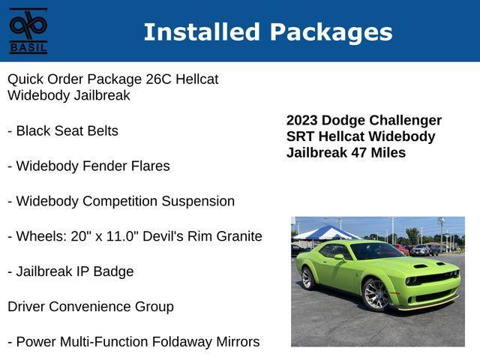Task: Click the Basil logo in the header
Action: pos(28,31)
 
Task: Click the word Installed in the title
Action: pos(202,31)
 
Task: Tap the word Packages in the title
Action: pos(331,33)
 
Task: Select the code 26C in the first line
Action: pos(158,79)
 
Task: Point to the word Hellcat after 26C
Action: pos(196,79)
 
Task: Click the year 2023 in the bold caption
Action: pos(301,120)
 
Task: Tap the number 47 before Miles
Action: pos(359,152)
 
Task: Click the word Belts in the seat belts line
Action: pos(103,131)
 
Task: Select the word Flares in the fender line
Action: pos(150,166)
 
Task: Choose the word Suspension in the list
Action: pos(198,202)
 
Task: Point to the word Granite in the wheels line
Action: pos(239,236)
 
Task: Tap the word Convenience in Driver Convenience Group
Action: pos(90,307)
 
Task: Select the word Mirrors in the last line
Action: pos(238,342)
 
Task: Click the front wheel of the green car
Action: pos(375,295)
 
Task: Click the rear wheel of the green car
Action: pos(307,278)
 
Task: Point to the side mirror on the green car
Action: pos(340,257)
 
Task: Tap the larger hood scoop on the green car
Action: pos(421,266)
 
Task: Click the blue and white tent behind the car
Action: pos(325,233)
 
